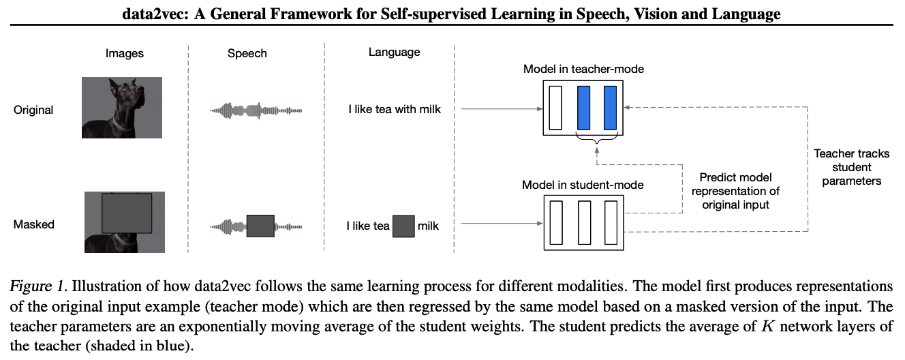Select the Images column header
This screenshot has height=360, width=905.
coord(125,53)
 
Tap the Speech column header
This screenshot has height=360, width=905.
coord(247,53)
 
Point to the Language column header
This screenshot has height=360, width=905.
coord(394,52)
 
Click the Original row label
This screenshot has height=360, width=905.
coord(33,110)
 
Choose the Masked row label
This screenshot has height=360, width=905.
coord(33,224)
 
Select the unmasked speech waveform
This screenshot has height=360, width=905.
coord(256,110)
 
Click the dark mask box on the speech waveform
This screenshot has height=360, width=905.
coord(260,225)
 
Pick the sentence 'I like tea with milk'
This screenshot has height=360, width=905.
coord(394,109)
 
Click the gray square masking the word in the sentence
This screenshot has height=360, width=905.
coord(403,226)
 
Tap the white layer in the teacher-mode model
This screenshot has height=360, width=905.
coord(555,107)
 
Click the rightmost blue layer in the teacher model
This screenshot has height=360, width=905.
coord(610,107)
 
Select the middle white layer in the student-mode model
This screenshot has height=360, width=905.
coord(583,222)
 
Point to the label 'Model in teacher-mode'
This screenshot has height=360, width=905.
coord(583,69)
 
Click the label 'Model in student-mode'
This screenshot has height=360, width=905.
coord(583,185)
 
